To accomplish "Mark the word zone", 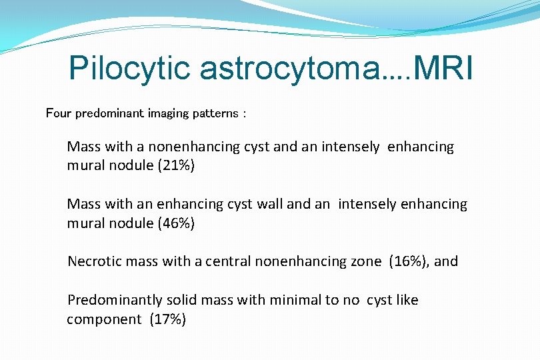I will click(x=367, y=261).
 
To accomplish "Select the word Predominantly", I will click(x=111, y=300).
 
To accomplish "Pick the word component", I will click(x=104, y=319).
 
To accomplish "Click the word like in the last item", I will click(x=407, y=300).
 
